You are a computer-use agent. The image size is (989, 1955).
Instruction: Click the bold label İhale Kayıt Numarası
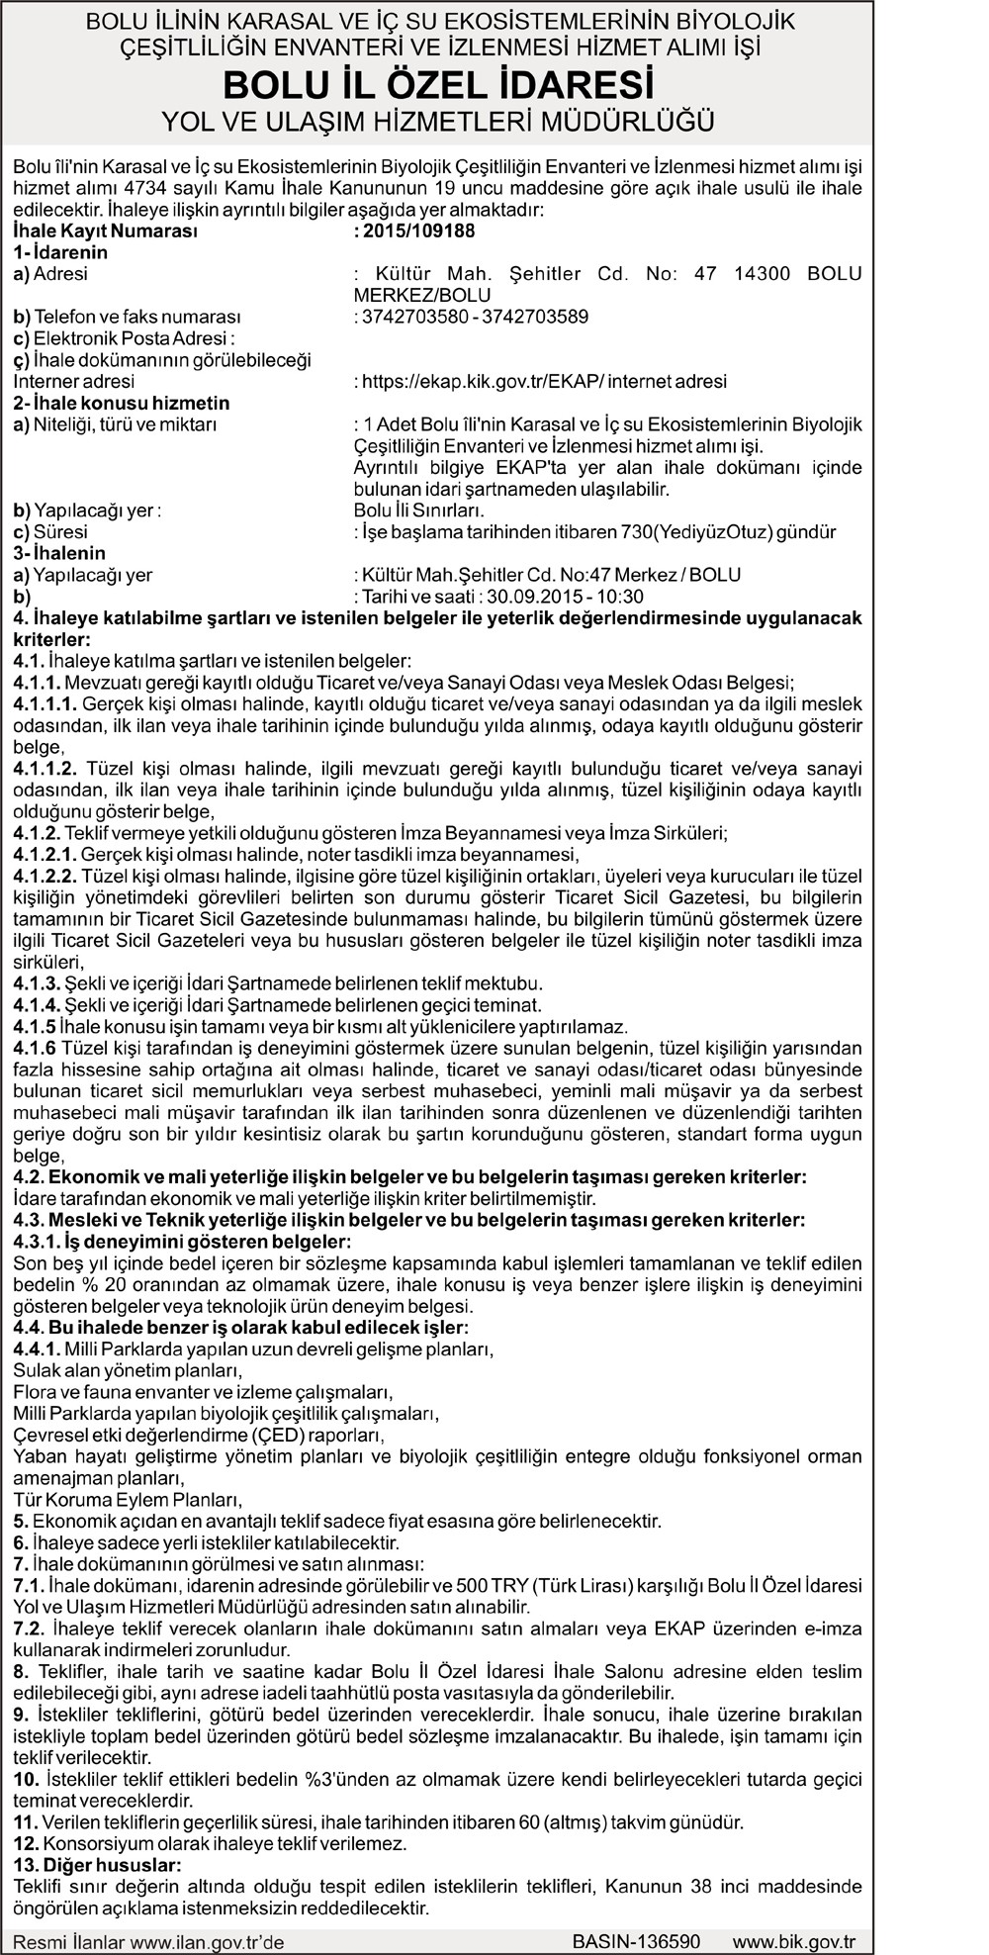[106, 232]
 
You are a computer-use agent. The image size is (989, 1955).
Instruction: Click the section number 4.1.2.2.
[45, 877]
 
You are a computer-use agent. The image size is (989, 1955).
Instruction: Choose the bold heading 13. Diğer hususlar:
[97, 1865]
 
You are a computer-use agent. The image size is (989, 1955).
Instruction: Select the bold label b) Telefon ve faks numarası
[127, 318]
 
